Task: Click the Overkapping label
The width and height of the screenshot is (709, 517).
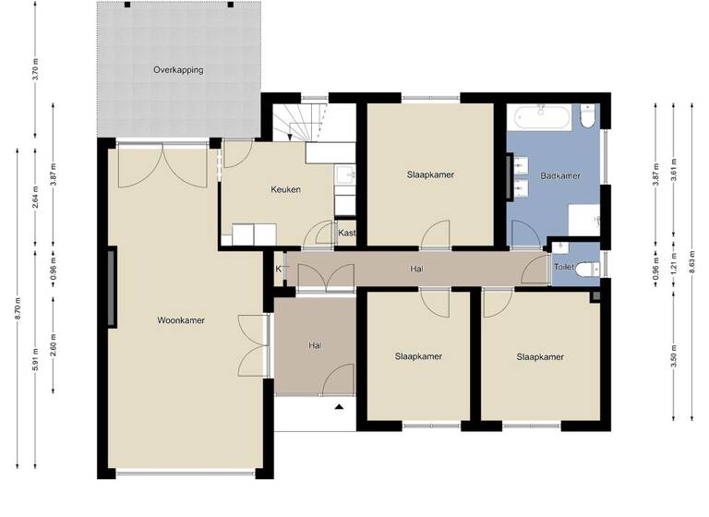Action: pyautogui.click(x=178, y=70)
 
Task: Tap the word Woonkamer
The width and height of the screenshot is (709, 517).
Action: pyautogui.click(x=181, y=320)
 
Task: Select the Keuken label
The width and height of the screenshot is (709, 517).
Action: pyautogui.click(x=285, y=190)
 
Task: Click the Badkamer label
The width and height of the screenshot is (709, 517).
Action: pyautogui.click(x=560, y=174)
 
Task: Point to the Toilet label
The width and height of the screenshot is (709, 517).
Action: pyautogui.click(x=563, y=268)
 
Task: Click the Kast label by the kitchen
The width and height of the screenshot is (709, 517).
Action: pyautogui.click(x=347, y=234)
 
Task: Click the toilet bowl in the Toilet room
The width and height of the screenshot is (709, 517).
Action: pyautogui.click(x=591, y=268)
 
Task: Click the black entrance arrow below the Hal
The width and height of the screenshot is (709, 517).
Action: pyautogui.click(x=339, y=406)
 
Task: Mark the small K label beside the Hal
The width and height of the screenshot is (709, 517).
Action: pyautogui.click(x=278, y=269)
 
